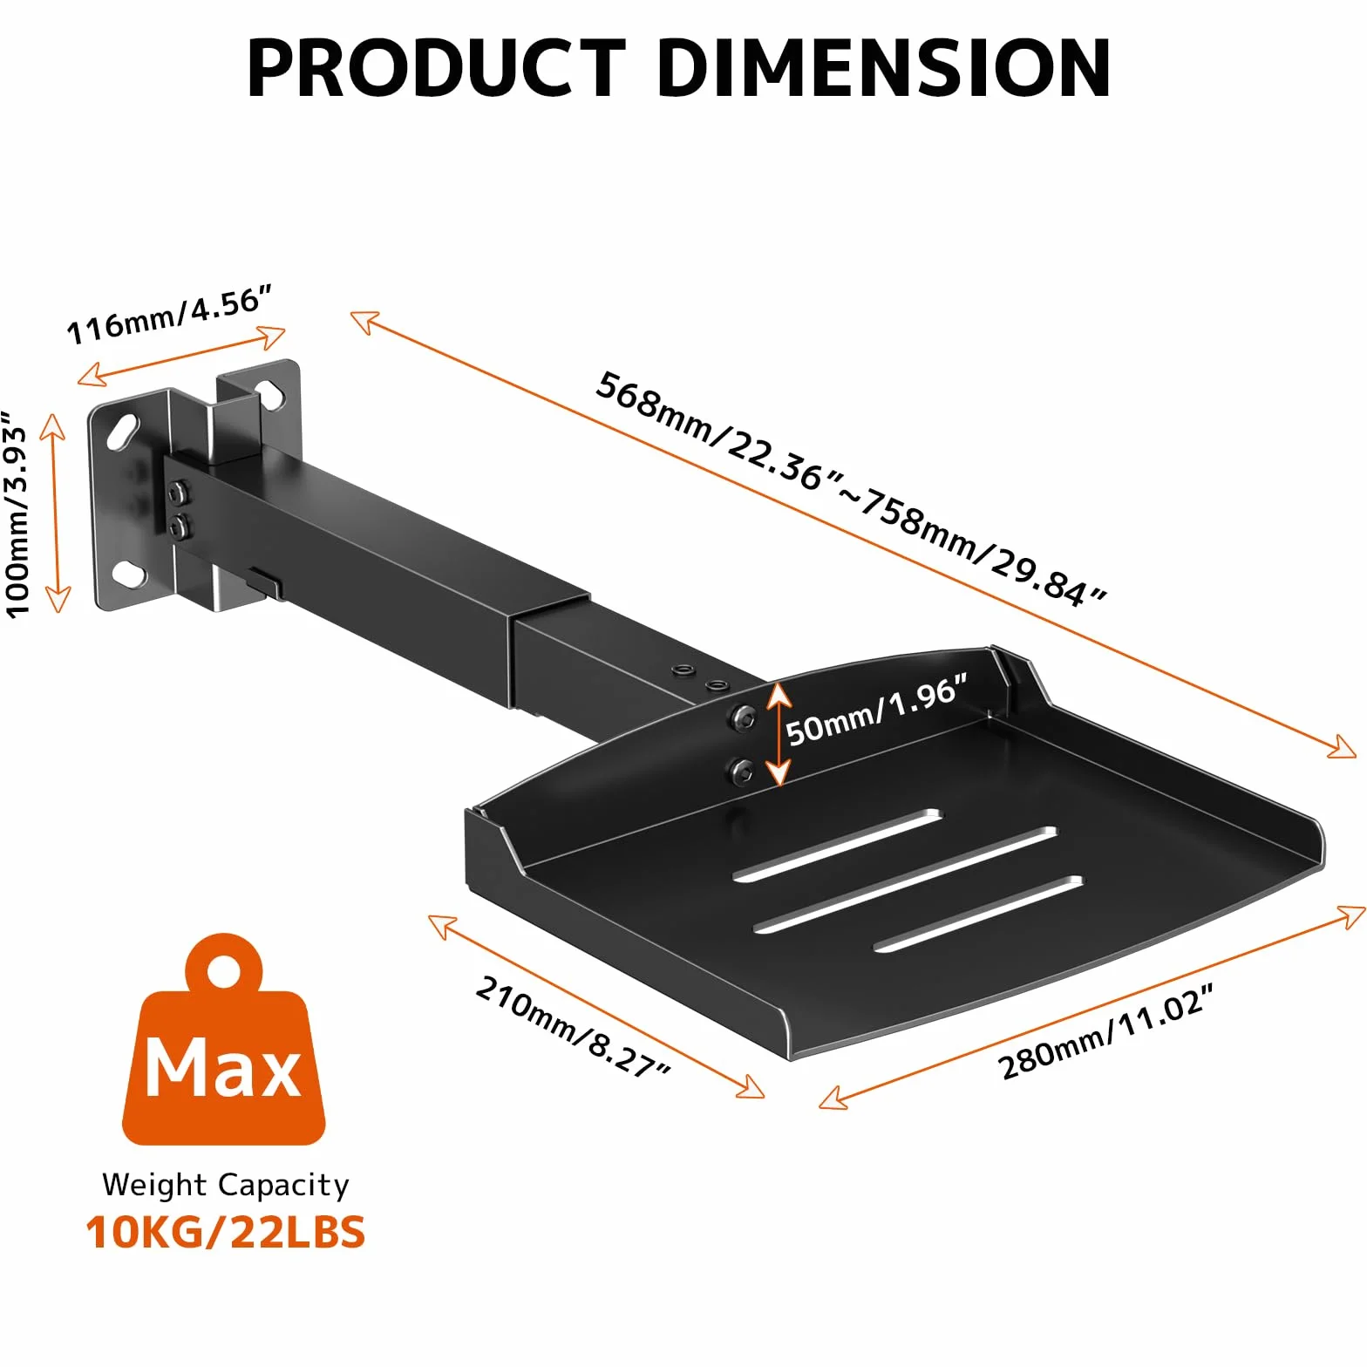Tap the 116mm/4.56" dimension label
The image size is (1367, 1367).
170,315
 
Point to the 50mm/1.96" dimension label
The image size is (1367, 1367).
877,710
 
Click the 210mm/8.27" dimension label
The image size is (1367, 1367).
573,1026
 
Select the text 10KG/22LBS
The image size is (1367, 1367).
225,1232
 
